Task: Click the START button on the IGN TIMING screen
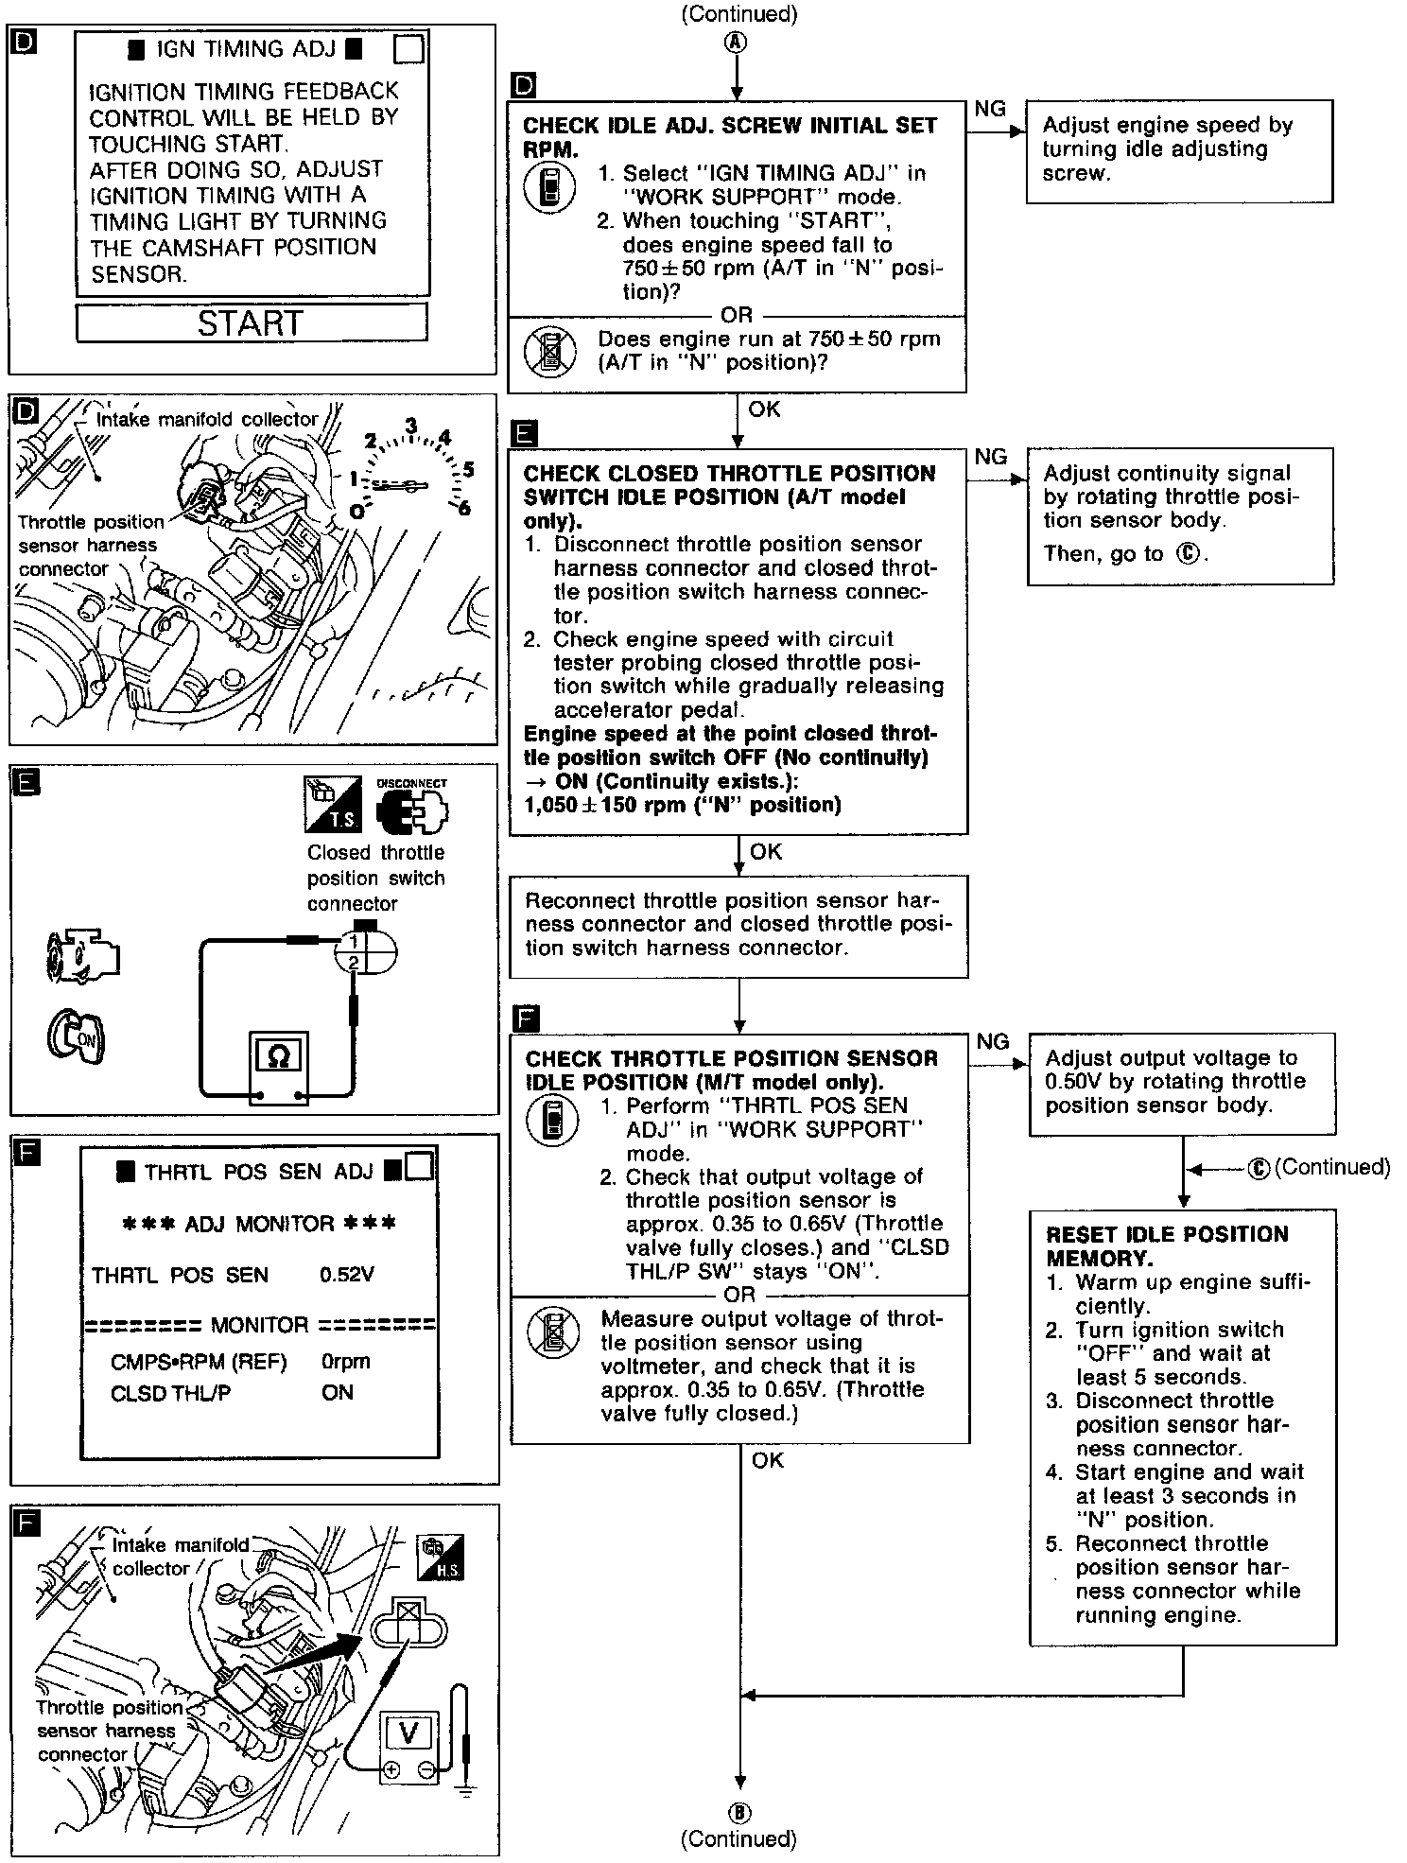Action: [x=252, y=322]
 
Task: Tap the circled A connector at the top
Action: [x=737, y=43]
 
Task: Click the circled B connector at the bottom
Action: [x=738, y=1813]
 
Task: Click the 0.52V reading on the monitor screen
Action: [x=347, y=1275]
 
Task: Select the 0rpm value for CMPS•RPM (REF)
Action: [x=345, y=1362]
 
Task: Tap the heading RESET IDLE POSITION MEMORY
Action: [x=1167, y=1245]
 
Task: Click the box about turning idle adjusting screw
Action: [x=1179, y=150]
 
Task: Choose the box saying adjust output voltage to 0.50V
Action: [x=1182, y=1083]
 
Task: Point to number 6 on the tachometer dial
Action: [x=464, y=509]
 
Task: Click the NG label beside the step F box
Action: [x=992, y=1041]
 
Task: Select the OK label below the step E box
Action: [x=765, y=852]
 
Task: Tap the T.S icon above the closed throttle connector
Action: [x=332, y=804]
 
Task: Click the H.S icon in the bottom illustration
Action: [x=441, y=1558]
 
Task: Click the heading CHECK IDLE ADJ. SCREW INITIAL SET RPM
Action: [x=730, y=137]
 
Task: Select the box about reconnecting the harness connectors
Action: [x=738, y=925]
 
